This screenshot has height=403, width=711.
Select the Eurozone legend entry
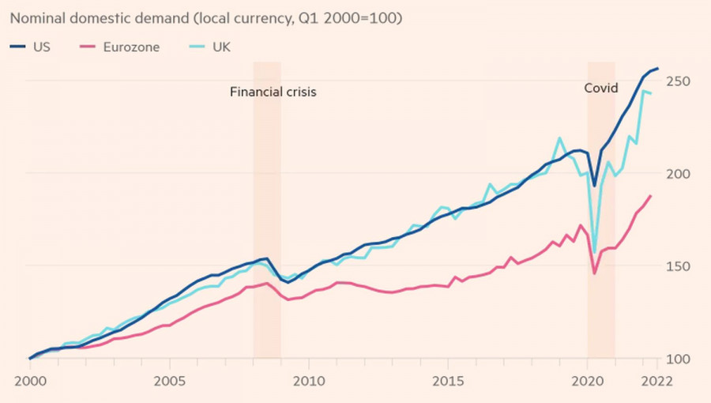(x=127, y=47)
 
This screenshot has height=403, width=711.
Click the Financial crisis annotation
(x=273, y=92)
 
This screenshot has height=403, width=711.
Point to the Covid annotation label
(x=601, y=89)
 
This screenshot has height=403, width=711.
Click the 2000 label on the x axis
(x=28, y=380)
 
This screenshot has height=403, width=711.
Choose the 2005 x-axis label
(x=168, y=380)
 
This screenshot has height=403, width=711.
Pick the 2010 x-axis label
(x=308, y=380)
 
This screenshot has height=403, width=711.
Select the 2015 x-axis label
(x=447, y=380)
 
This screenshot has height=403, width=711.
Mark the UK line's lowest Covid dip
(x=594, y=253)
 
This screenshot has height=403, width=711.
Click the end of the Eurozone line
(x=650, y=196)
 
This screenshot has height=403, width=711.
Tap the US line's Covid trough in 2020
(x=594, y=186)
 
